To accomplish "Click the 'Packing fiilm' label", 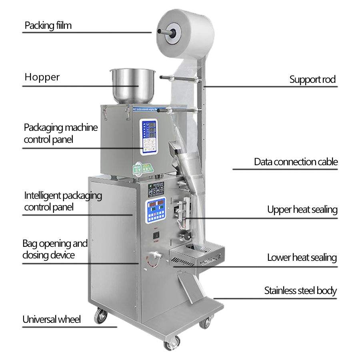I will pyautogui.click(x=48, y=26).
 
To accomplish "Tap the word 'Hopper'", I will pyautogui.click(x=42, y=77).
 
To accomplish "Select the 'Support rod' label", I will pyautogui.click(x=312, y=79).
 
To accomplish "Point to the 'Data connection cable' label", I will pyautogui.click(x=296, y=162).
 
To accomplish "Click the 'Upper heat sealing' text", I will pyautogui.click(x=302, y=209).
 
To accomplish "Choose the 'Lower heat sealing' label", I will pyautogui.click(x=302, y=258).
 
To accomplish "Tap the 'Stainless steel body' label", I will pyautogui.click(x=300, y=290).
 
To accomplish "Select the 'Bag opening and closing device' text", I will pyautogui.click(x=55, y=249).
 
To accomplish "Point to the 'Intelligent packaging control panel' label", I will pyautogui.click(x=63, y=201).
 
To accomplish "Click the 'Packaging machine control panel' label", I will pyautogui.click(x=60, y=134).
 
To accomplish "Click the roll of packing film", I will pyautogui.click(x=184, y=32).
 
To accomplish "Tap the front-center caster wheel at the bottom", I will pyautogui.click(x=172, y=342).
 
